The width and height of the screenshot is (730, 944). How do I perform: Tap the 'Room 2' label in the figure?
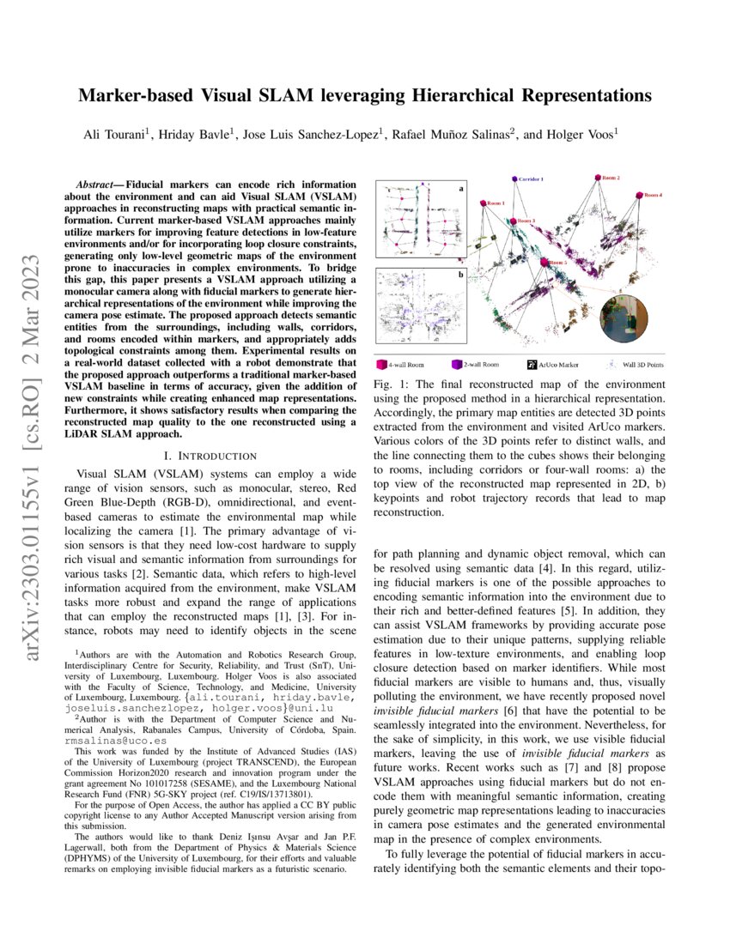608,177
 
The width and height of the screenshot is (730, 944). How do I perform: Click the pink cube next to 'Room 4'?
639,196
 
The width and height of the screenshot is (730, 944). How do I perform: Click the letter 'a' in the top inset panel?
460,188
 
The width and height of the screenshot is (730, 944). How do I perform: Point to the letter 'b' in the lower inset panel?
460,275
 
